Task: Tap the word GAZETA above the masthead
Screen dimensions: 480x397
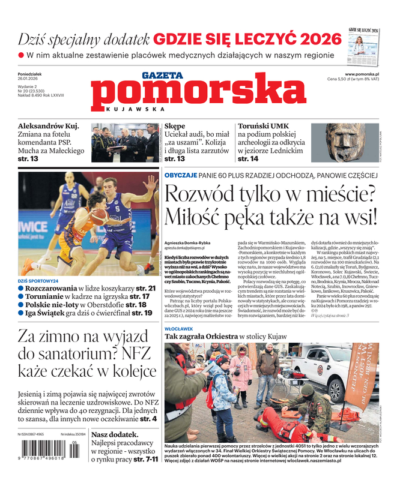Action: tap(162, 76)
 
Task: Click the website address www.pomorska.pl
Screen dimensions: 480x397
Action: tap(366, 74)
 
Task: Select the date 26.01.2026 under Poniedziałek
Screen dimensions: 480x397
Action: tap(30, 79)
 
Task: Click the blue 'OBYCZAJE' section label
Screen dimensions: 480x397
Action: tap(180, 175)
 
